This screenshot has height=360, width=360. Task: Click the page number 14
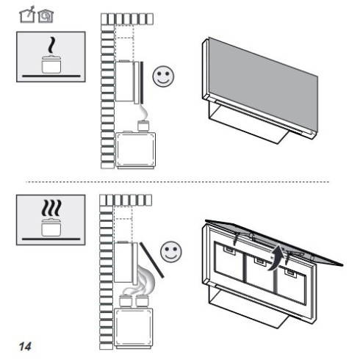coord(25,346)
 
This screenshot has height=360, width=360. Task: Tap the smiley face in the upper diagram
coord(163,76)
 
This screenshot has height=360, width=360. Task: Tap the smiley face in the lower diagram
coord(171,252)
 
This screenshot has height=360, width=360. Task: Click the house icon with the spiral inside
coord(46,16)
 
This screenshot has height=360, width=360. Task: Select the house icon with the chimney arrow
coord(27,15)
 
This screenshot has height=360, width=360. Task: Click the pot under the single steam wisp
coord(51,65)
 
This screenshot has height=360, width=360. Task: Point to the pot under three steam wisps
coord(51,228)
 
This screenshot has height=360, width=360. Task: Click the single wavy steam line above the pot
coord(51,45)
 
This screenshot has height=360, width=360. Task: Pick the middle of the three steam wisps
coord(51,208)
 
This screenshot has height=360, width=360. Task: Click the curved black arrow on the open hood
coord(277,259)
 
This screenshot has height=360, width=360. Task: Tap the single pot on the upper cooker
coord(143,126)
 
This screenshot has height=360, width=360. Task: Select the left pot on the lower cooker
coord(126,301)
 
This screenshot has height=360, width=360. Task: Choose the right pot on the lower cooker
coord(142,301)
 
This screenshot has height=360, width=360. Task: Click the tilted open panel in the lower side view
coord(151,260)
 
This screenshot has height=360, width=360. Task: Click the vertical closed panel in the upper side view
coord(142,83)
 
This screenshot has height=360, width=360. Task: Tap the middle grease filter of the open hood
coord(260,274)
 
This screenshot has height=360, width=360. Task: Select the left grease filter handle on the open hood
coord(230,251)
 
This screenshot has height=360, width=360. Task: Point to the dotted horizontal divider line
coord(178,182)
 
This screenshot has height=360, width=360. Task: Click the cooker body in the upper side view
coord(135,150)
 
